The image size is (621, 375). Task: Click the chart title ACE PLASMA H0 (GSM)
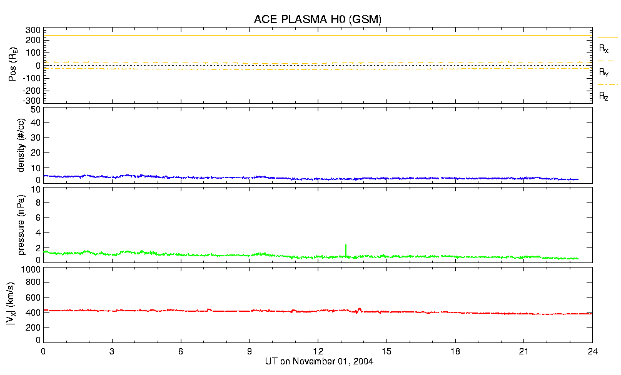(317, 19)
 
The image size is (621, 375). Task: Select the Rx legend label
(603, 48)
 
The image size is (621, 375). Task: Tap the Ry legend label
(603, 72)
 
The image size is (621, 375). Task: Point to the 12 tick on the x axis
(318, 351)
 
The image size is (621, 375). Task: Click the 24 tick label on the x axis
(592, 351)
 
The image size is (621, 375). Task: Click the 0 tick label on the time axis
(43, 351)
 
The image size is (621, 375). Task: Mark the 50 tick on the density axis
(35, 109)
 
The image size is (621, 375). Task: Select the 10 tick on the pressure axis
(35, 202)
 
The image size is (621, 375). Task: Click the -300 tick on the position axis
(31, 101)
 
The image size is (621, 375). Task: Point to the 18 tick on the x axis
(455, 351)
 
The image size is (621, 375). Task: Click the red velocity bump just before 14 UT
(360, 308)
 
